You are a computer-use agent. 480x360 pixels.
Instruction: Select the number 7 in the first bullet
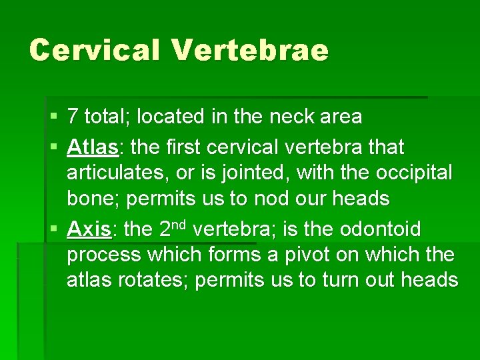(73, 117)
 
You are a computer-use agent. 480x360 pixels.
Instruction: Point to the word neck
(294, 117)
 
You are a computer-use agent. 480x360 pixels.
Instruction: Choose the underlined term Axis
(89, 230)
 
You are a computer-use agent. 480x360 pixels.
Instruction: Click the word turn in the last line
(341, 281)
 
